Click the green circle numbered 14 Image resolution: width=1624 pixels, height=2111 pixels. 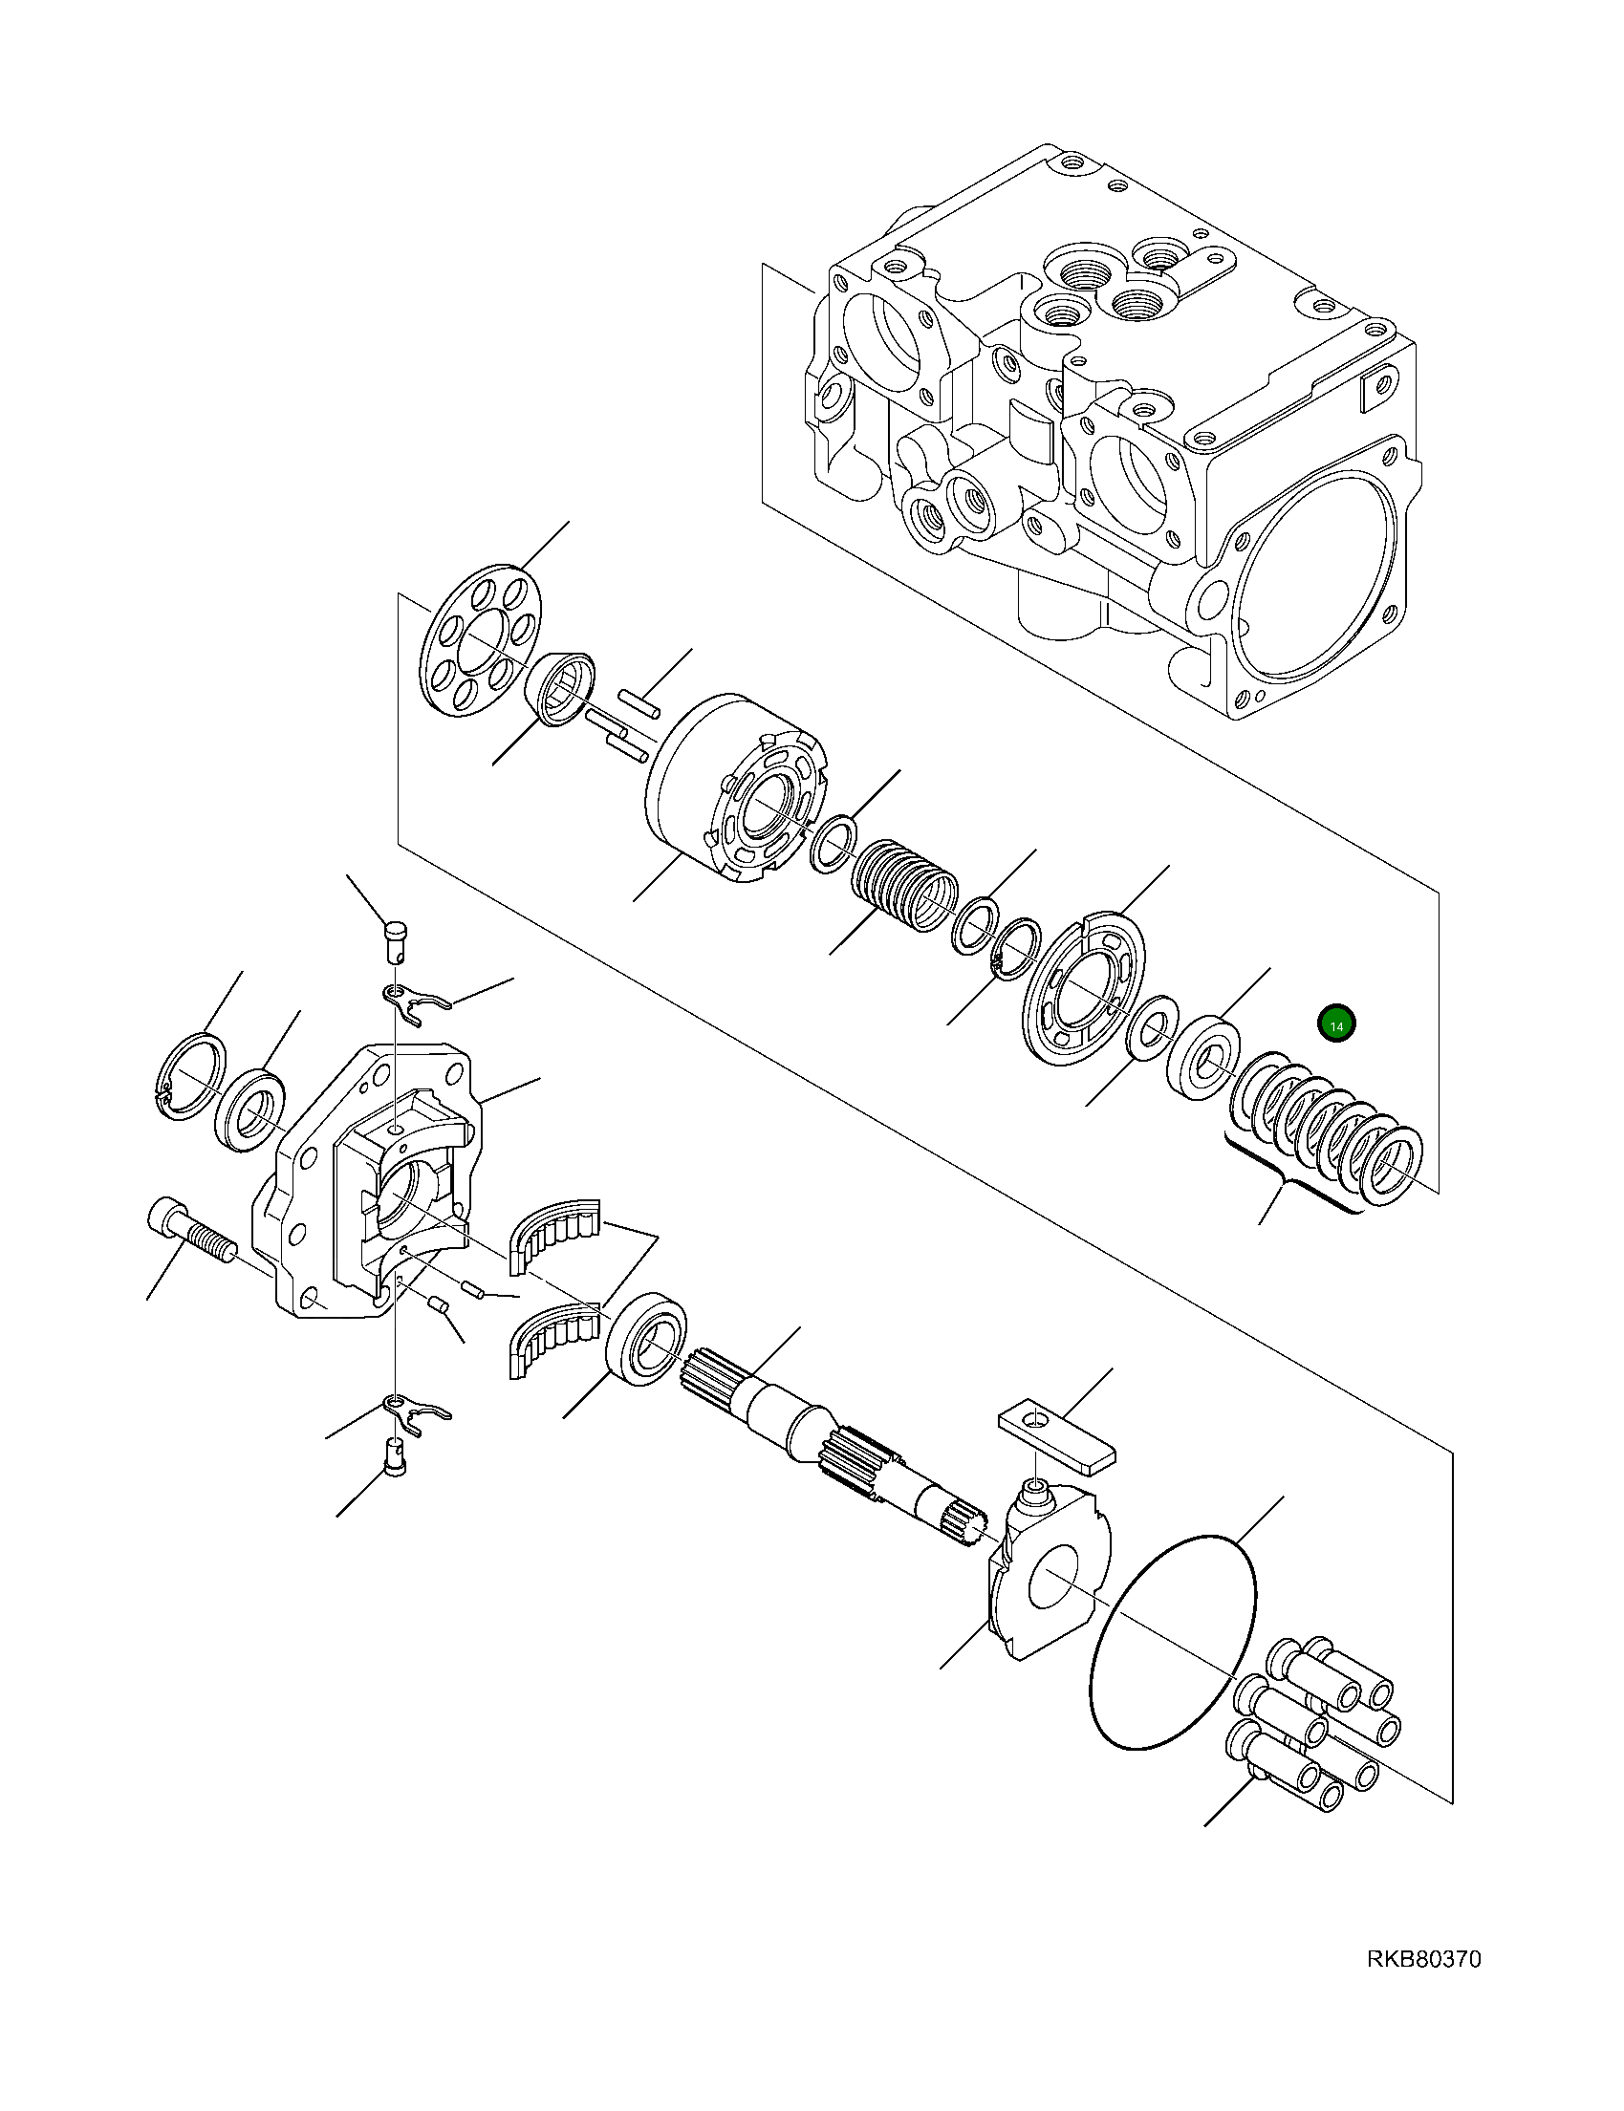[x=1337, y=1024]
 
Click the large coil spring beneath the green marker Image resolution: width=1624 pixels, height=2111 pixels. [x=1327, y=1131]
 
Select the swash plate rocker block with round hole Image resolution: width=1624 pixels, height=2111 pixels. [x=1049, y=1585]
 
